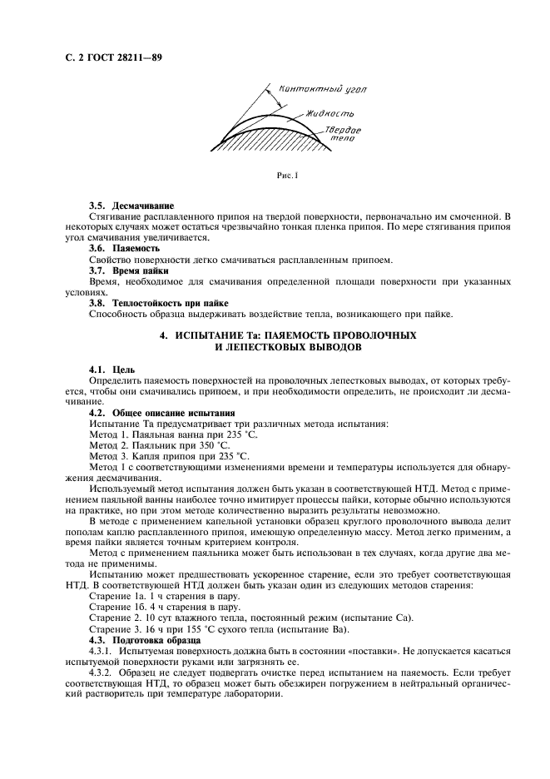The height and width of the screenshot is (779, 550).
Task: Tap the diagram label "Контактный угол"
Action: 313,88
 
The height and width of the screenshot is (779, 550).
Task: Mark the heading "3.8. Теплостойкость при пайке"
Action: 158,303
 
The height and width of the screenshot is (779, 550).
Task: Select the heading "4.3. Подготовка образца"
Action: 144,641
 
